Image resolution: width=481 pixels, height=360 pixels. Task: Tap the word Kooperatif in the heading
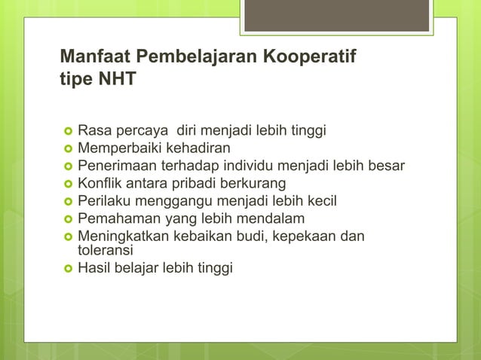click(x=307, y=56)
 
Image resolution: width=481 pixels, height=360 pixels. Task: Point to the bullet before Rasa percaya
click(x=66, y=132)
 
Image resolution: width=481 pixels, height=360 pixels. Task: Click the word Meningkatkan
click(x=120, y=236)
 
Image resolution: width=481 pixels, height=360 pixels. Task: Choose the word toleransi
click(x=105, y=250)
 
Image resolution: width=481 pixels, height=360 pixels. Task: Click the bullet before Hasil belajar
click(x=66, y=267)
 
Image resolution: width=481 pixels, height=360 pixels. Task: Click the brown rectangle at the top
click(x=336, y=15)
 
